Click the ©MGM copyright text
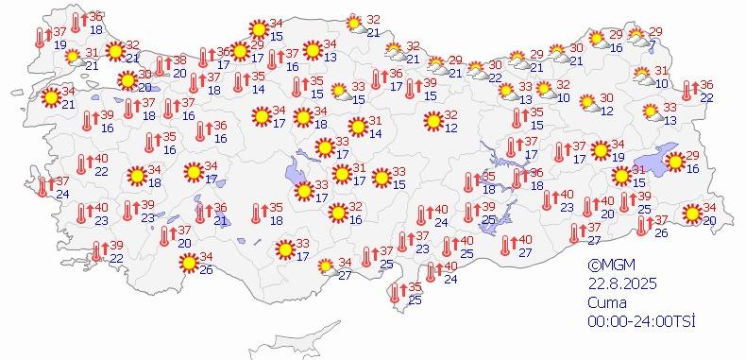tap(606, 266)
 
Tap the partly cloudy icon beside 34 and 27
tap(326, 266)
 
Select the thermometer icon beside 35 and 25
tap(397, 293)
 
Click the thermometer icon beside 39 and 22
tap(96, 251)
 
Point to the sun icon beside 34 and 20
tap(691, 214)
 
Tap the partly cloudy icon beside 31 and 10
tap(641, 75)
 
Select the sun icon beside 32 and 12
tap(432, 121)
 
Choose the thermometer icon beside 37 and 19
tap(40, 38)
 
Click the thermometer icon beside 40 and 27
tap(506, 245)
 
